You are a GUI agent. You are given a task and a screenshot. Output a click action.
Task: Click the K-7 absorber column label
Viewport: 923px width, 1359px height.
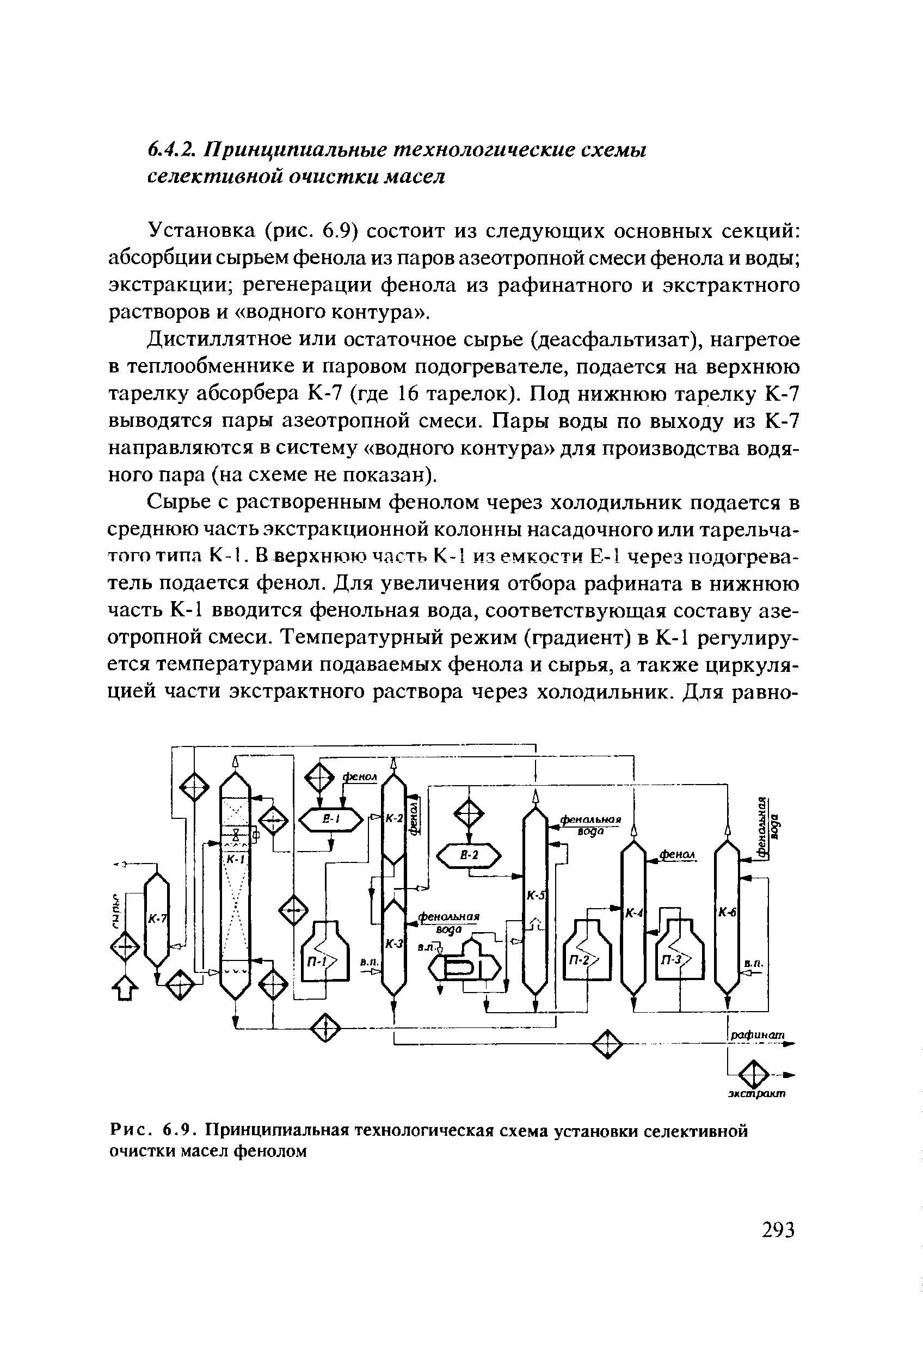tap(157, 920)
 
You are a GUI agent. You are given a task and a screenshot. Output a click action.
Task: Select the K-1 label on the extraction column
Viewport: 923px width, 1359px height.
tap(235, 859)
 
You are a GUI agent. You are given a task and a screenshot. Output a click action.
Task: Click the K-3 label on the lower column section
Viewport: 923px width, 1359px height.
tap(394, 942)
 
